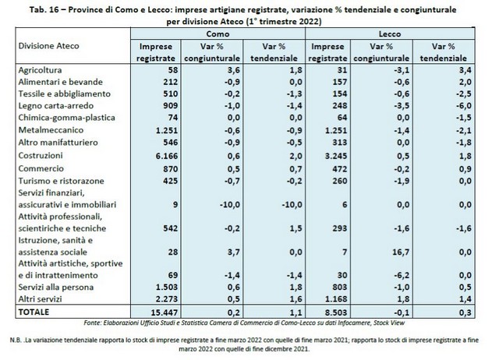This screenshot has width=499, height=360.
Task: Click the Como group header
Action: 218,34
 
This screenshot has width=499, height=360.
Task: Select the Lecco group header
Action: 390,34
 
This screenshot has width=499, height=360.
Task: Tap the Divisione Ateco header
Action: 48,46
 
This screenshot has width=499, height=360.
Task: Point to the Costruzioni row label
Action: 41,156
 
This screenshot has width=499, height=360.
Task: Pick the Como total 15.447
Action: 165,312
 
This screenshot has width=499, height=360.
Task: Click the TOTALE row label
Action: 34,312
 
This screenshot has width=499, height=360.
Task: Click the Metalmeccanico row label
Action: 51,130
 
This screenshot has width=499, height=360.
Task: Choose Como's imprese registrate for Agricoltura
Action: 173,70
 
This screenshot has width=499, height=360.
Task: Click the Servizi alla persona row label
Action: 56,288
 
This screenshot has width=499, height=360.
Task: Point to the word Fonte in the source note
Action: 92,323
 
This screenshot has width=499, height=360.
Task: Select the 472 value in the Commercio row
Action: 339,169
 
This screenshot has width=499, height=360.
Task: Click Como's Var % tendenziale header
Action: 274,52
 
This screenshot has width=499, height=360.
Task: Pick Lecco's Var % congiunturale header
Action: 381,52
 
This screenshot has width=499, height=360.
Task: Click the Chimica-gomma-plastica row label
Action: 67,118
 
